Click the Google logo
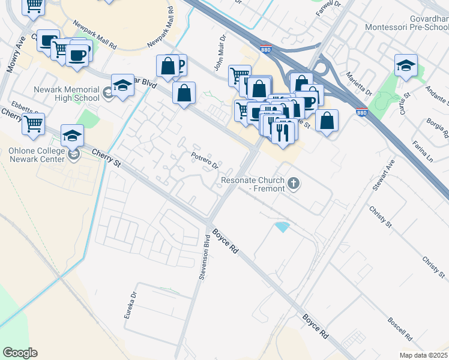pos(20,353)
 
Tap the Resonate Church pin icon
pos(294,183)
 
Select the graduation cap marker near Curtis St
pos(406,67)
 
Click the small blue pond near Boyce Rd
pos(281,227)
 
